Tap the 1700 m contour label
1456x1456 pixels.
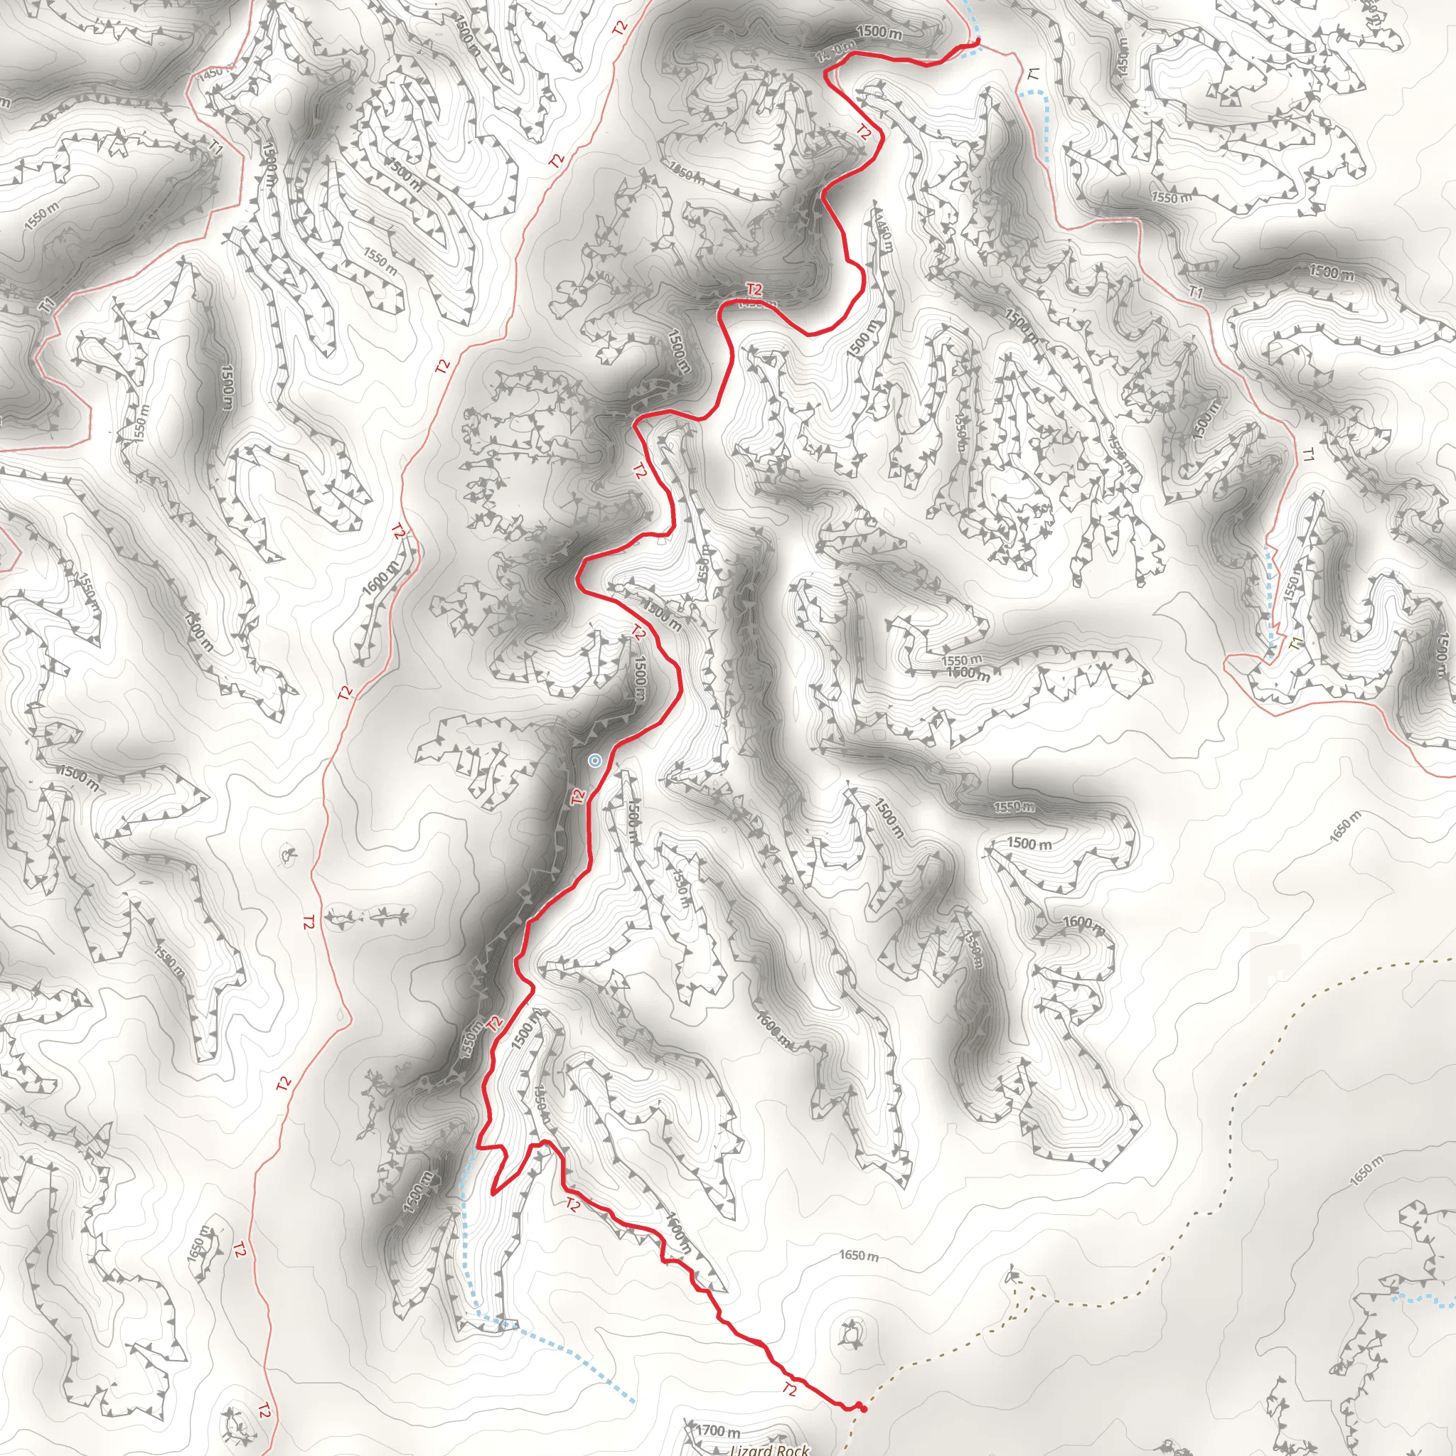717,1430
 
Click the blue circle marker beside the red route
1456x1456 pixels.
594,761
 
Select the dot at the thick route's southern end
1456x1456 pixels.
863,1408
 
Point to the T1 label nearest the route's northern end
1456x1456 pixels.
1033,74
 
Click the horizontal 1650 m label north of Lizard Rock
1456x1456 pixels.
858,1256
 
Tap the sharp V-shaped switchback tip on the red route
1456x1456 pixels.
493,1193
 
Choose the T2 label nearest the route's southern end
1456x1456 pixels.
789,1389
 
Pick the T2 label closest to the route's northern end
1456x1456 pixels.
864,133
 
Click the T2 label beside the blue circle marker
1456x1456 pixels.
577,796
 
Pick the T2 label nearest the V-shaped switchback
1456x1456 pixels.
572,1204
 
